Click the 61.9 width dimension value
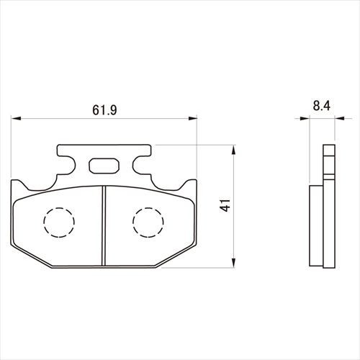click(104, 110)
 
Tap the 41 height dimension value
click(225, 205)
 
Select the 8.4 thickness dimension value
click(322, 106)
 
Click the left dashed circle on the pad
click(59, 222)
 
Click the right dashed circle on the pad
click(148, 222)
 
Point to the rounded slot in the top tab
click(104, 166)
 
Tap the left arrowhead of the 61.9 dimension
click(16, 118)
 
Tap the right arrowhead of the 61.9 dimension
click(192, 118)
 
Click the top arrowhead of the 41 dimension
click(234, 150)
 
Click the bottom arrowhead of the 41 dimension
click(234, 263)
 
